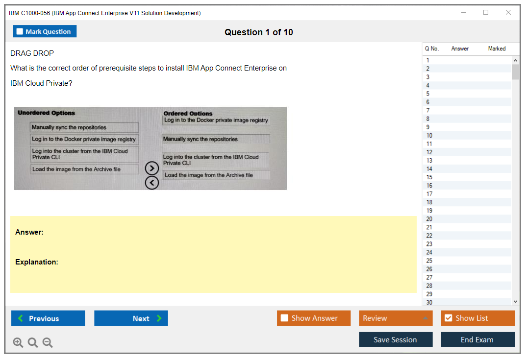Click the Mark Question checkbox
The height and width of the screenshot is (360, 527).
[x=20, y=31]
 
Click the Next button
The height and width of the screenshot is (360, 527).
[x=131, y=318]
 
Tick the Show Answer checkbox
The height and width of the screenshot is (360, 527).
[x=284, y=318]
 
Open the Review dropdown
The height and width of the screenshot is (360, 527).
[x=396, y=318]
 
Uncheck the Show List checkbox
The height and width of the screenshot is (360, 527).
[x=449, y=318]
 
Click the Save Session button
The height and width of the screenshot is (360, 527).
[x=396, y=339]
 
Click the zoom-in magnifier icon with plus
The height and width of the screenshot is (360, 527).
[x=18, y=342]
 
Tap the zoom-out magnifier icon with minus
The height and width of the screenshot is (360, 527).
[x=48, y=342]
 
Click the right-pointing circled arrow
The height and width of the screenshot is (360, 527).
[x=152, y=168]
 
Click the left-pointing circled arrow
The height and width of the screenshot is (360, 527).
[x=152, y=183]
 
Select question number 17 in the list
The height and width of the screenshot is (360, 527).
[x=429, y=194]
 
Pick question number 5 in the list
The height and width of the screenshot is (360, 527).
[x=428, y=94]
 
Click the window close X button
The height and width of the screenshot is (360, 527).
[x=508, y=12]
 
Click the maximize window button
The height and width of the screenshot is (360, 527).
[x=486, y=12]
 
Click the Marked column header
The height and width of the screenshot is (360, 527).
[x=497, y=48]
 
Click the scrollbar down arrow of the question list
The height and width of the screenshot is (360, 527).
[x=515, y=302]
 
